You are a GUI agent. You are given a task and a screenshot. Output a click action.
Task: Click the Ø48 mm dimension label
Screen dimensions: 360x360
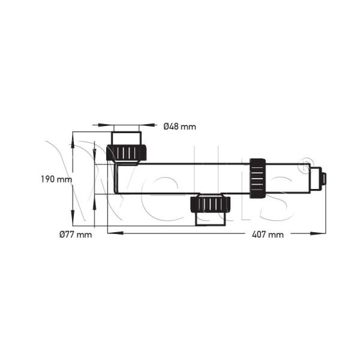(x=180, y=127)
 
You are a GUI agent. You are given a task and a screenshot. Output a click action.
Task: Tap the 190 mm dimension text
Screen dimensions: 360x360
(x=56, y=179)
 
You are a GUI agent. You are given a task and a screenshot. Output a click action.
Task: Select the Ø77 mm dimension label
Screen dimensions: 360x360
(x=76, y=235)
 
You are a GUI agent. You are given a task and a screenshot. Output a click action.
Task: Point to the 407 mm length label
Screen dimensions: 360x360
(x=268, y=235)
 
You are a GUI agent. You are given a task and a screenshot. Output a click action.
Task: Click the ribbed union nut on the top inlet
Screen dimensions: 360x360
(x=126, y=152)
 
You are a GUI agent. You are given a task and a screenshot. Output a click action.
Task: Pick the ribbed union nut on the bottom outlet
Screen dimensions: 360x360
(x=211, y=204)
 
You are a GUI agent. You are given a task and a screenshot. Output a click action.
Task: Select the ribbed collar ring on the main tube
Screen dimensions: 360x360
(x=257, y=178)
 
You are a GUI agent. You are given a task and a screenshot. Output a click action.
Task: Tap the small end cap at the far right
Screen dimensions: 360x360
(x=323, y=179)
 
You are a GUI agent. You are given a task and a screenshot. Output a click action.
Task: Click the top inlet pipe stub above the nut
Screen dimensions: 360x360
(x=126, y=138)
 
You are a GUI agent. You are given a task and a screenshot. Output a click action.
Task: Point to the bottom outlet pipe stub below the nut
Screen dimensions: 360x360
(x=211, y=219)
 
